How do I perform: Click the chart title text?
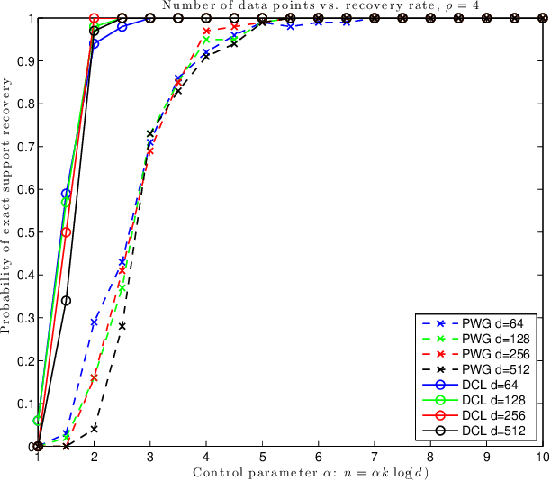tap(290, 6)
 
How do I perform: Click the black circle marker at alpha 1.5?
tap(66, 301)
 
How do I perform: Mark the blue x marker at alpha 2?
tap(94, 322)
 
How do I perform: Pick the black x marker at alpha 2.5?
tap(122, 325)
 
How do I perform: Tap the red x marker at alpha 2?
tap(94, 377)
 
